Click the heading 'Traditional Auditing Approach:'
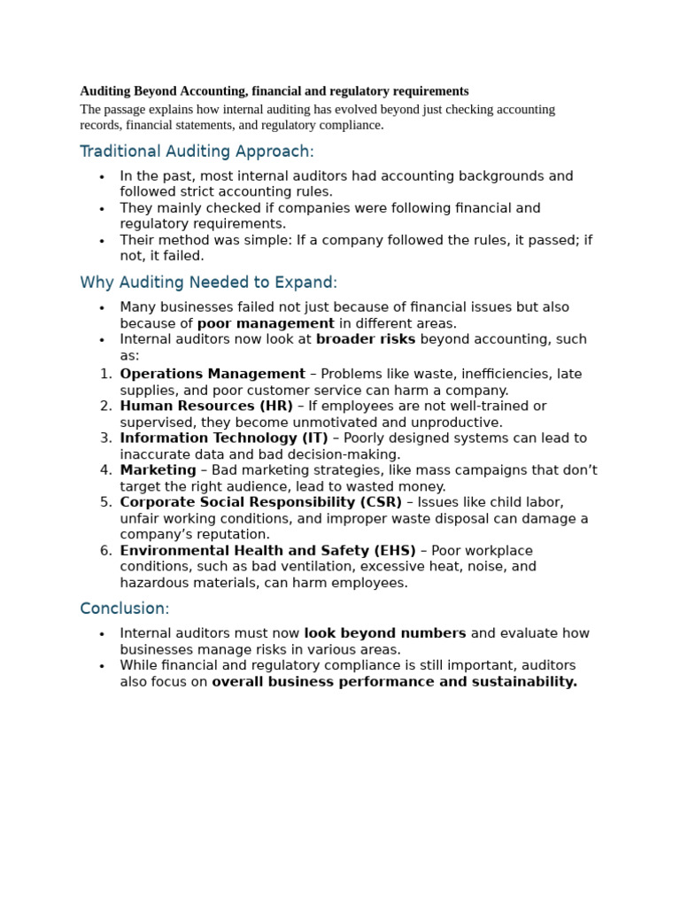(197, 151)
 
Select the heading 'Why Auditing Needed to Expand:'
(208, 283)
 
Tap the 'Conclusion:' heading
(124, 609)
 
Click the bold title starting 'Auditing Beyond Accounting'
(274, 91)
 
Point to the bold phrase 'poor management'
(266, 323)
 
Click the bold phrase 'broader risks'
(366, 339)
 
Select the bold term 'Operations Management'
(212, 374)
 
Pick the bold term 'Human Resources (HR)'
(206, 406)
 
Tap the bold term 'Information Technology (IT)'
(224, 438)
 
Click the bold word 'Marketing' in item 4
(158, 470)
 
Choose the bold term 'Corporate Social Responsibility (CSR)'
(260, 502)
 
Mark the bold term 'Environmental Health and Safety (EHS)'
(267, 551)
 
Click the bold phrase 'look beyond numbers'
(384, 633)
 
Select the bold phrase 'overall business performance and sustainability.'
(394, 682)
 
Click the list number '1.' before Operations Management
(105, 374)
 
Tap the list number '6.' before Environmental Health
(105, 551)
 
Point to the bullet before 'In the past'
(102, 176)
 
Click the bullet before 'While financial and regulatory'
(102, 666)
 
